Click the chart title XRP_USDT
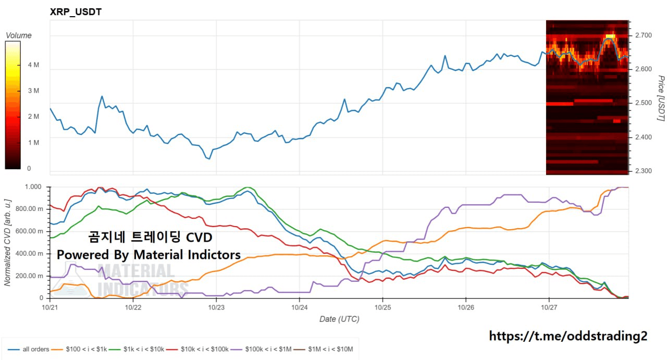pyautogui.click(x=76, y=11)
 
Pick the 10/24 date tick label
pyautogui.click(x=300, y=307)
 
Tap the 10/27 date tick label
pyautogui.click(x=549, y=307)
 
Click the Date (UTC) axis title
pyautogui.click(x=339, y=319)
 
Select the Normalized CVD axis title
pyautogui.click(x=7, y=242)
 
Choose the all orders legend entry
pyautogui.click(x=32, y=349)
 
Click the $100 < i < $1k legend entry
pyautogui.click(x=86, y=349)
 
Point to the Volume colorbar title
pyautogui.click(x=18, y=35)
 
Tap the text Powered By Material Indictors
pyautogui.click(x=149, y=255)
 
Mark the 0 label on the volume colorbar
pyautogui.click(x=29, y=168)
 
